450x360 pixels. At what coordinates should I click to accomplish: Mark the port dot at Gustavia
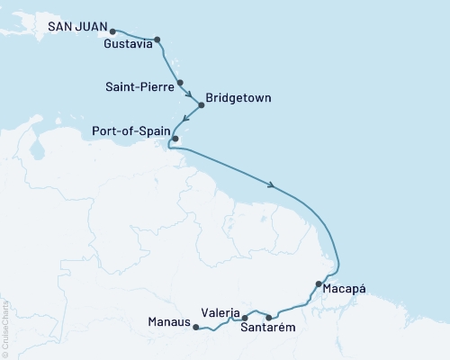[x=157, y=40]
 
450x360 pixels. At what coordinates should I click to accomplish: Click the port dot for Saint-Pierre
[x=182, y=82]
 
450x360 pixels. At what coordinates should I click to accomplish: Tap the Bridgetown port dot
[x=201, y=105]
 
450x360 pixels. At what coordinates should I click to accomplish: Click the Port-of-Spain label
[x=132, y=130]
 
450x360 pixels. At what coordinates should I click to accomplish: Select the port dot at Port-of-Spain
[x=187, y=139]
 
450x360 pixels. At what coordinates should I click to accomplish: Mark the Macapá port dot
[x=319, y=284]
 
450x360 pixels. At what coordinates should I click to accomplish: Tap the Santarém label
[x=268, y=328]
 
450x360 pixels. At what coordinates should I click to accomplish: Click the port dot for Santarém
[x=269, y=317]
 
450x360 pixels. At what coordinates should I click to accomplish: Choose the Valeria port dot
[x=245, y=318]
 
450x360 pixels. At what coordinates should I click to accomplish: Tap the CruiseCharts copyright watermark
[x=5, y=324]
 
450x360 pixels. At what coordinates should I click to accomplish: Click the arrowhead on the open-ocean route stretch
[x=271, y=187]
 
